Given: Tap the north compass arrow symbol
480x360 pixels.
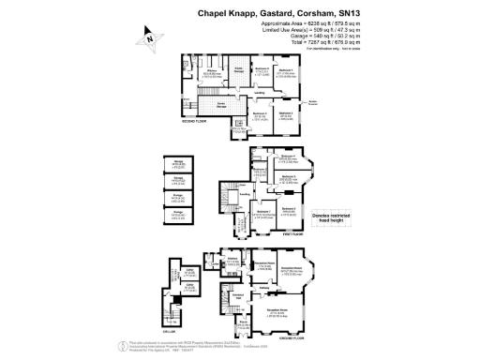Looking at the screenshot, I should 147,39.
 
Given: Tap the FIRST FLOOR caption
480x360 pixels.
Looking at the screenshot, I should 308,241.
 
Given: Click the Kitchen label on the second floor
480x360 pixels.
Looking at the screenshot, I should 212,71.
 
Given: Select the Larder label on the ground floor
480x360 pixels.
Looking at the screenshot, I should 232,259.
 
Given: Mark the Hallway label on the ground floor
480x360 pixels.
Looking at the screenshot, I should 265,289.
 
